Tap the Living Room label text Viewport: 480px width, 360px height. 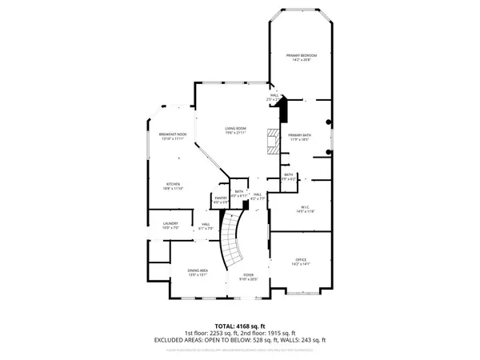click(234, 128)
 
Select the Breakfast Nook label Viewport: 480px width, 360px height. click(173, 134)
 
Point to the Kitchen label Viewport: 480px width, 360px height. click(174, 183)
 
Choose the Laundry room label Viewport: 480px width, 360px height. click(170, 223)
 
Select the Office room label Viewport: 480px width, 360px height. click(301, 259)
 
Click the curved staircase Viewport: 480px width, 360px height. click(234, 240)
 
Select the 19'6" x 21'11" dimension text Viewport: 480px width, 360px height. click(234, 133)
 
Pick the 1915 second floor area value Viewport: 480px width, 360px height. click(279, 333)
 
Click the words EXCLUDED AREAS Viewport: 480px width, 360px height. click(177, 340)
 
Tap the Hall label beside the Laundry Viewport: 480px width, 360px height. click(206, 223)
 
